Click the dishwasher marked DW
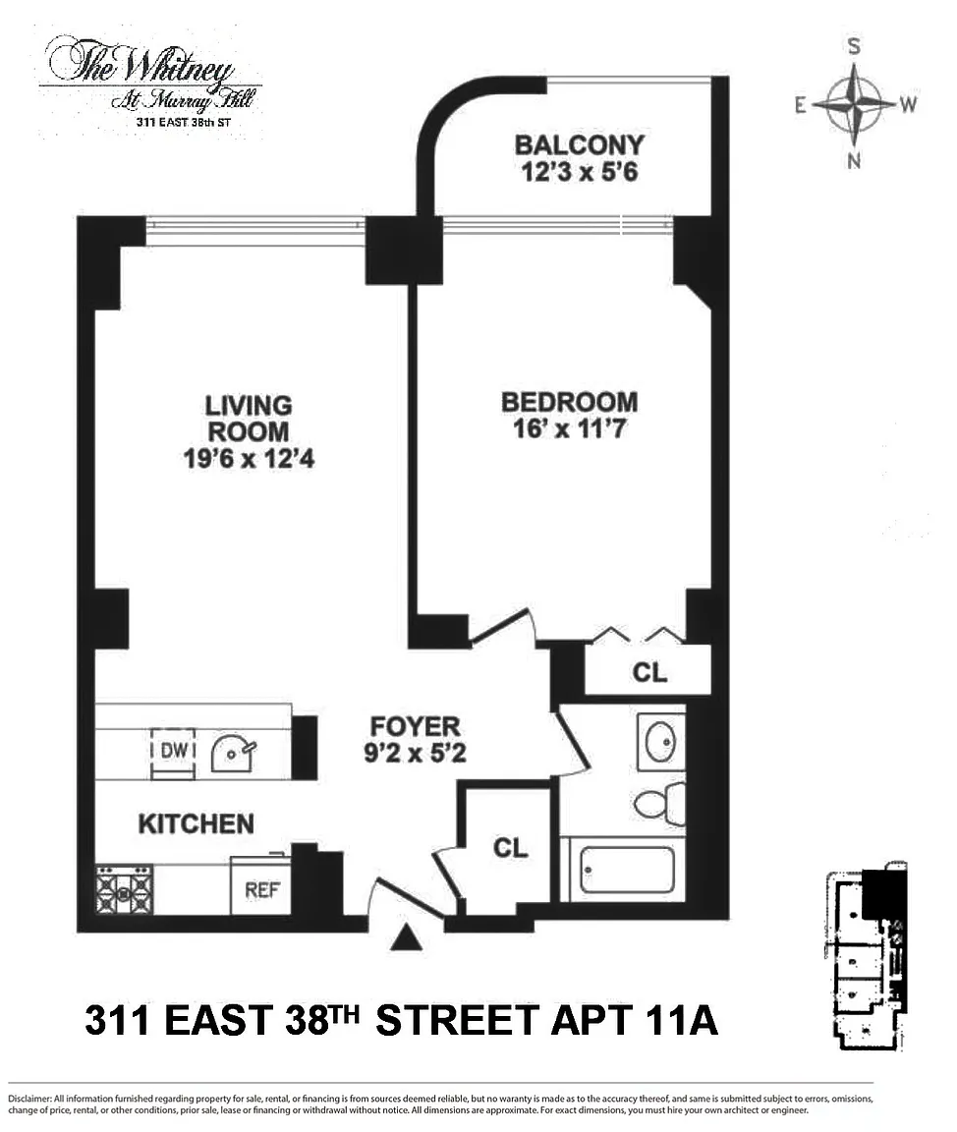(173, 753)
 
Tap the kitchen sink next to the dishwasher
(233, 753)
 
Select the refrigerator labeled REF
(260, 886)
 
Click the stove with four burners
(124, 889)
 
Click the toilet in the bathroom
(659, 802)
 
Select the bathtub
(627, 870)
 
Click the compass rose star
(854, 104)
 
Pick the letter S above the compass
(854, 46)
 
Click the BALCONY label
(579, 145)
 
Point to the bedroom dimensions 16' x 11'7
(570, 428)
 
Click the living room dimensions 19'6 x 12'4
(249, 459)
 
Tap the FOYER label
(415, 726)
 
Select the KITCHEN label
(197, 823)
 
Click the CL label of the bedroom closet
(649, 673)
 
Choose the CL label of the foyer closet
(510, 847)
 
